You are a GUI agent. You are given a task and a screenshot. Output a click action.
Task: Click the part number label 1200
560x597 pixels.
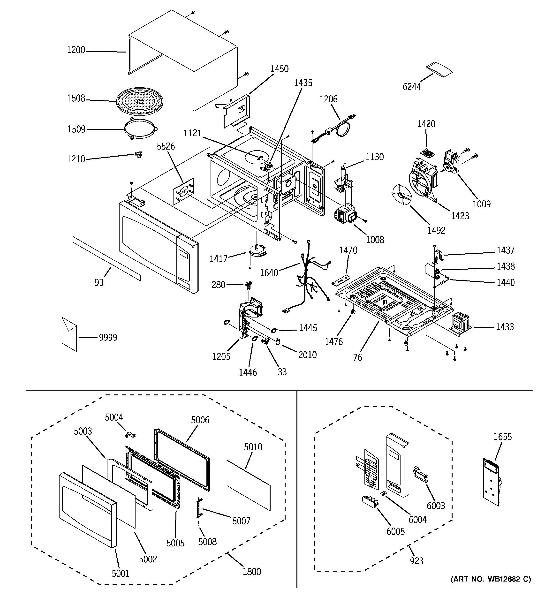point(76,50)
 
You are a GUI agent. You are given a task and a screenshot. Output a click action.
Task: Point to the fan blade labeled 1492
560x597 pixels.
point(402,195)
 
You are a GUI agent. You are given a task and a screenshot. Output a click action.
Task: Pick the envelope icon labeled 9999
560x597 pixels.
point(69,334)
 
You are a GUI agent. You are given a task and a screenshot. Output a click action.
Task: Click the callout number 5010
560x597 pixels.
point(253,447)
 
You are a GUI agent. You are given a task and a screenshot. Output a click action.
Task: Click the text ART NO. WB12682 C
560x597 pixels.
point(491,579)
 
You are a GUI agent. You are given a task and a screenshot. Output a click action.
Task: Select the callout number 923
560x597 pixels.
point(416,561)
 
